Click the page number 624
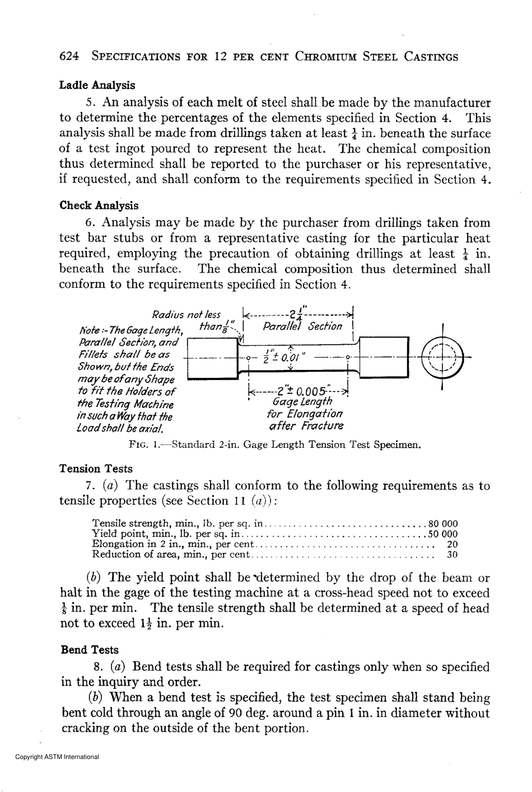[71, 57]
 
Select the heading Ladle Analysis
[97, 86]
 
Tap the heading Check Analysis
[99, 205]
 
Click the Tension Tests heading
[96, 469]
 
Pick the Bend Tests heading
[89, 650]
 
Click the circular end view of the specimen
[442, 357]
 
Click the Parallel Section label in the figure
[302, 326]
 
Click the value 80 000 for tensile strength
[442, 524]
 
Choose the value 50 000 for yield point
[442, 534]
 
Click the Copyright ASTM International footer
[57, 757]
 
